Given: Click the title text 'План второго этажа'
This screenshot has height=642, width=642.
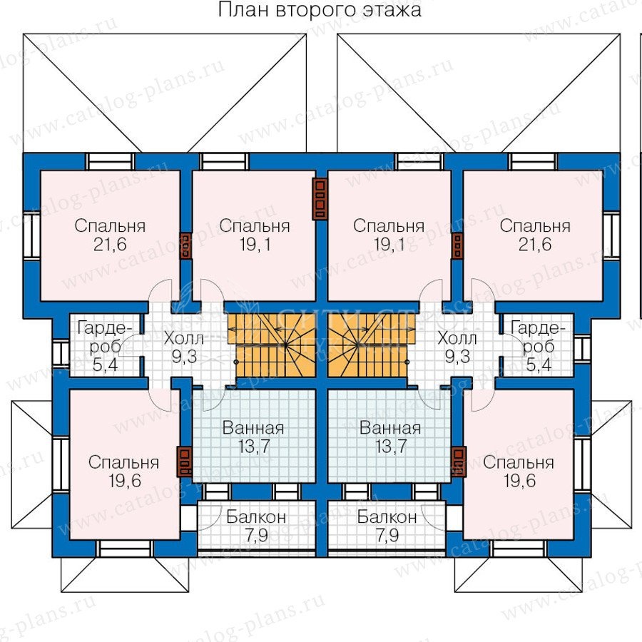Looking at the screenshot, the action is (320, 9).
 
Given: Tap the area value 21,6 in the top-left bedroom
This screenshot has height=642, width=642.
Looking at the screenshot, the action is (110, 245).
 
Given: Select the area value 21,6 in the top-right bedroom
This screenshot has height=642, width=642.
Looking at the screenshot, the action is (535, 245).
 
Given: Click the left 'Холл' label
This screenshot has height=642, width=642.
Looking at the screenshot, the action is (183, 339).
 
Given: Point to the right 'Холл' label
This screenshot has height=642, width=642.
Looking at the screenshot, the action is (457, 339).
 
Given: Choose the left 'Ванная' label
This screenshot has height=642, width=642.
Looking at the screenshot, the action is (253, 428).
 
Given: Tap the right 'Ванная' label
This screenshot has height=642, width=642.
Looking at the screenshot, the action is (390, 428).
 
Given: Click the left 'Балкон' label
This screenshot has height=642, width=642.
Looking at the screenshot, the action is (256, 517).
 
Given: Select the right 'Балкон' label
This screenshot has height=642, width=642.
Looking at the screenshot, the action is (387, 517).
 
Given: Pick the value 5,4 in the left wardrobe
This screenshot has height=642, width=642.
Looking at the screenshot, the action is (105, 364).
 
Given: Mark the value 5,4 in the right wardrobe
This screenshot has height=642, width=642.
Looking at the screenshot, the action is (539, 364).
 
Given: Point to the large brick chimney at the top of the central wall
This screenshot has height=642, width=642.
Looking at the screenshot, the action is (320, 198).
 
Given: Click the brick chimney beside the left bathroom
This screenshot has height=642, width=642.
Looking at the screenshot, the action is (184, 462).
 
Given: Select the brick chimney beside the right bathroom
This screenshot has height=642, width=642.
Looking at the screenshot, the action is (459, 462).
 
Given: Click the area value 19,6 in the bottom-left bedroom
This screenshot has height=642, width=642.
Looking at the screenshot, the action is (125, 481).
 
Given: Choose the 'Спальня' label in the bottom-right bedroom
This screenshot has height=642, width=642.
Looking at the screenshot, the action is (519, 463).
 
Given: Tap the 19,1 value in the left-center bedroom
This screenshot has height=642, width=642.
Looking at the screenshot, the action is (255, 245).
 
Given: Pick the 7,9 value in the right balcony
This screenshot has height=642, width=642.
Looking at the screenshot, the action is (387, 536).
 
